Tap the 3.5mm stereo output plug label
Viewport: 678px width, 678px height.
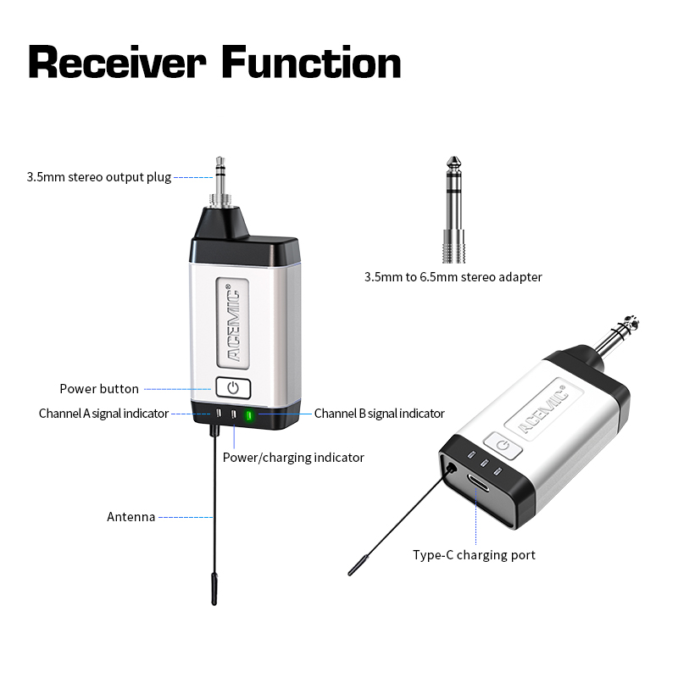coord(98,178)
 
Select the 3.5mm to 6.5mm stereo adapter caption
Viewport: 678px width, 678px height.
coord(453,277)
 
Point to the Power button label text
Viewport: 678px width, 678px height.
coord(99,389)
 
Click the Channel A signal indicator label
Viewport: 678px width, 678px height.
coord(103,414)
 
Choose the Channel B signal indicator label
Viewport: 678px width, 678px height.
coord(379,414)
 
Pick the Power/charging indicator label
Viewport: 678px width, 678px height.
coord(293,458)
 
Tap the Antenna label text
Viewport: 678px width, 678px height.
coord(131,516)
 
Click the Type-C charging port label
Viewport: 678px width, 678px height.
coord(474,555)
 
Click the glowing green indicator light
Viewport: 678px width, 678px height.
coord(249,415)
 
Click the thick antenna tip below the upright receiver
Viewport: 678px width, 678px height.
coord(214,587)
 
